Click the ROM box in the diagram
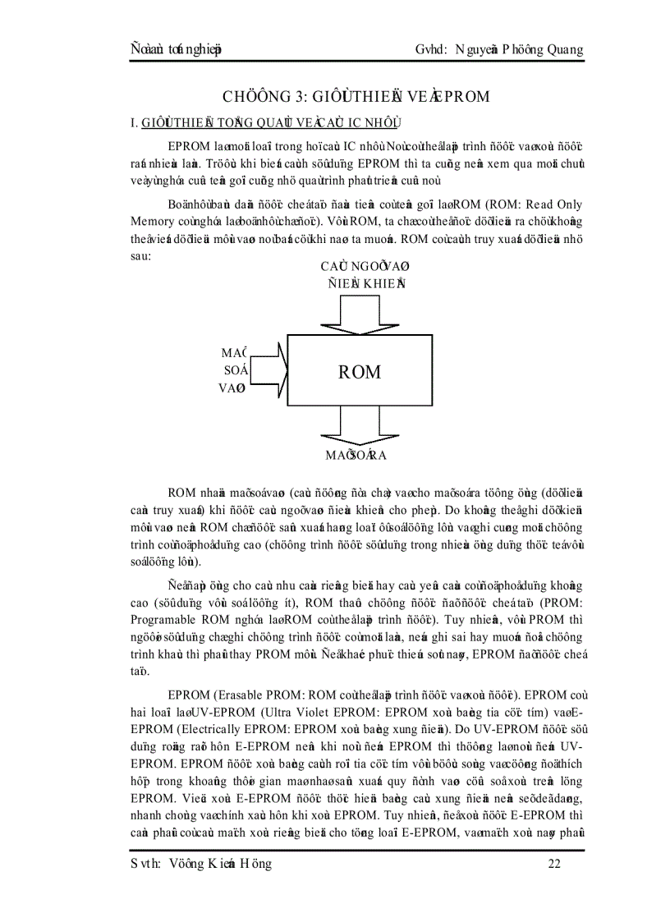[x=361, y=370]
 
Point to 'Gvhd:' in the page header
[x=433, y=50]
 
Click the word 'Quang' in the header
[x=561, y=50]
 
